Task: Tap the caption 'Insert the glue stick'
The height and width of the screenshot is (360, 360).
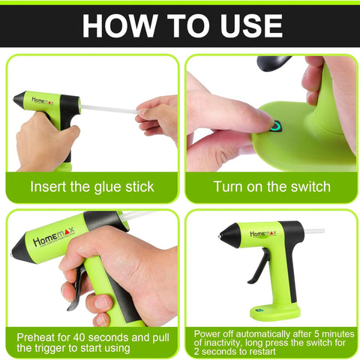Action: click(92, 187)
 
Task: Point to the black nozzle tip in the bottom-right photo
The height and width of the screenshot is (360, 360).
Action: click(221, 238)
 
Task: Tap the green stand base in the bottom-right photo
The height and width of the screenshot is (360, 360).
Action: click(275, 309)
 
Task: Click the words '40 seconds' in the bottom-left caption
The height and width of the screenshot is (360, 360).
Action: click(94, 337)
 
